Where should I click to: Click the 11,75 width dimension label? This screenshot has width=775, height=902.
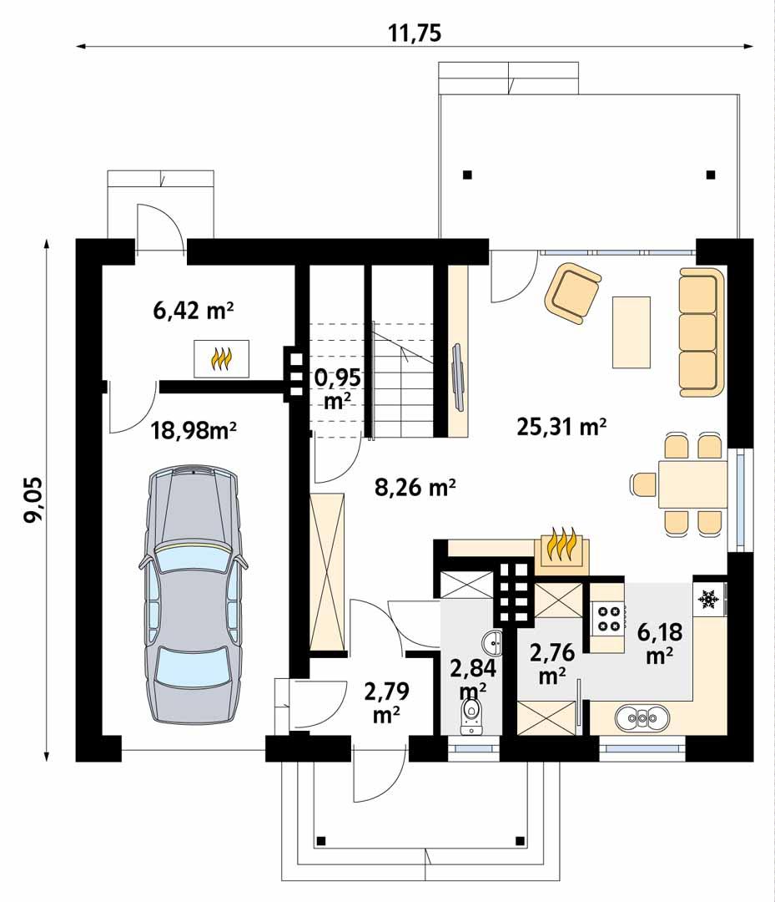(x=415, y=33)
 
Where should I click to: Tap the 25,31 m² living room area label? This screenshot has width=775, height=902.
(x=561, y=428)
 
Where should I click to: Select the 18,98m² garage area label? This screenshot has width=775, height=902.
(x=194, y=430)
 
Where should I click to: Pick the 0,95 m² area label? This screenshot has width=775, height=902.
(x=338, y=388)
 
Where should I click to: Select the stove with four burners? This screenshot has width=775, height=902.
(x=608, y=617)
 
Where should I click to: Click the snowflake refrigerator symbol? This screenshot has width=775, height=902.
(x=709, y=599)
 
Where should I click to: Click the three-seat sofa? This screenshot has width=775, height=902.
(x=698, y=332)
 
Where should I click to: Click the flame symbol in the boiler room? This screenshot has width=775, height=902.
(x=221, y=359)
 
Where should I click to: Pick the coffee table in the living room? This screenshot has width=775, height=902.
(x=631, y=332)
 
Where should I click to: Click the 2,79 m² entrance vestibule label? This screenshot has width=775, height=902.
(x=384, y=702)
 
